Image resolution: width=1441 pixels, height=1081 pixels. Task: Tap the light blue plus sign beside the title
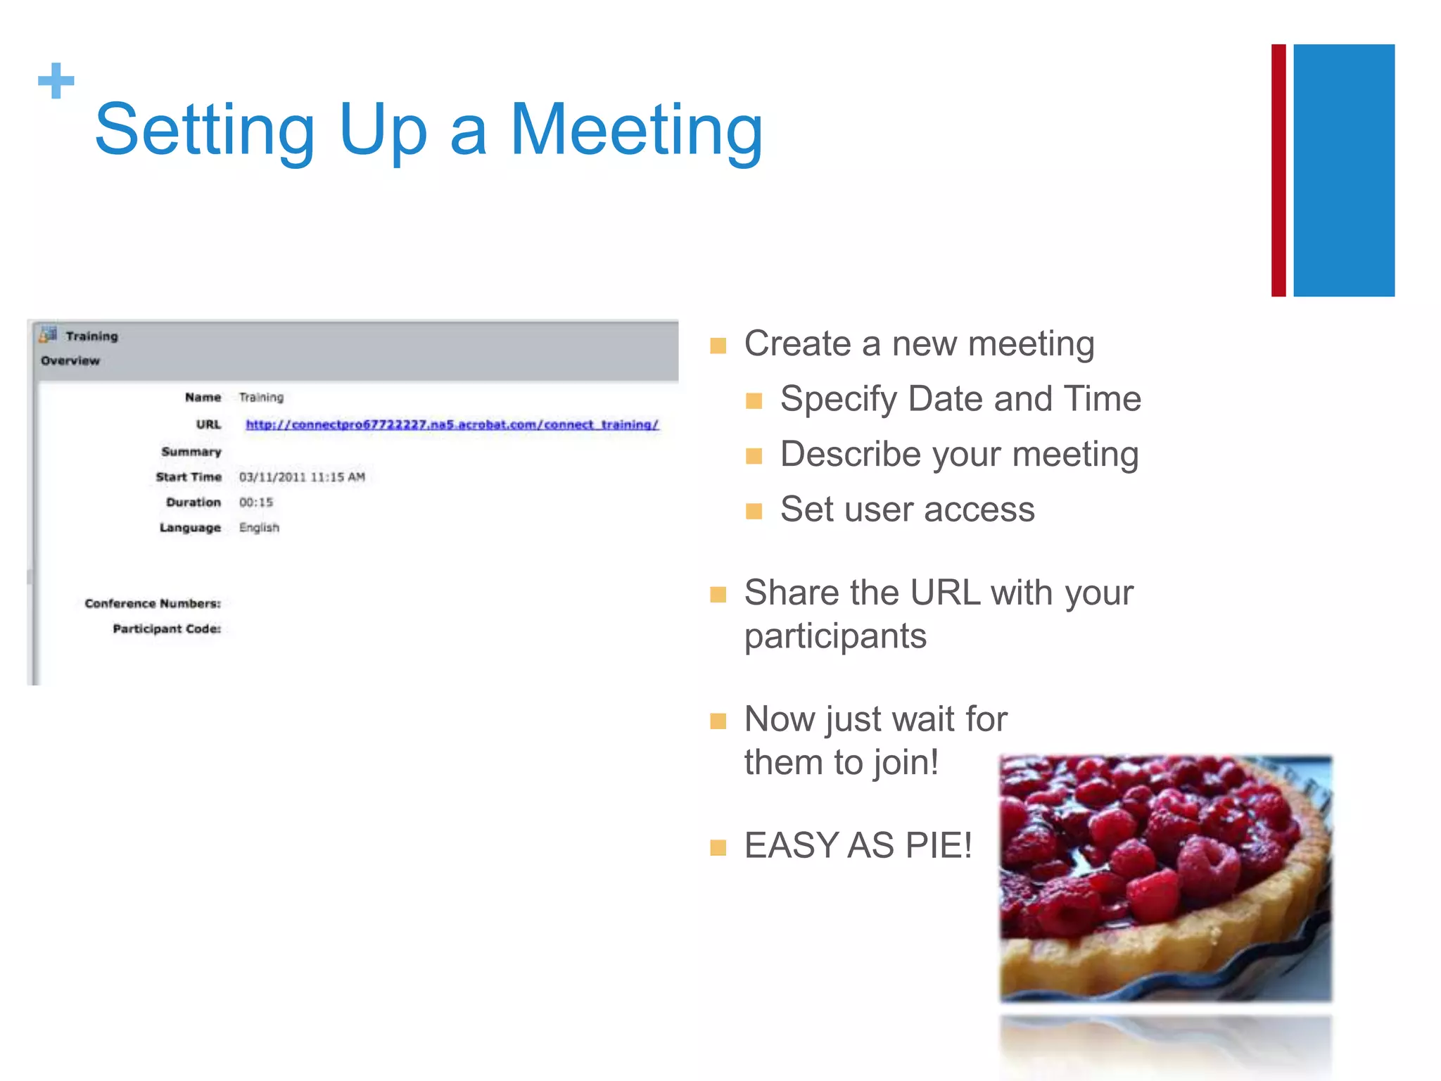[x=56, y=81]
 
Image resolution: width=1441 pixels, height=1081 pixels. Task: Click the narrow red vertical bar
[x=1278, y=170]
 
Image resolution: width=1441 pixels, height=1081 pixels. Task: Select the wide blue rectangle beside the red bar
[x=1343, y=170]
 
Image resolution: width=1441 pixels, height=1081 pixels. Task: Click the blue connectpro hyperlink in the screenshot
[x=452, y=424]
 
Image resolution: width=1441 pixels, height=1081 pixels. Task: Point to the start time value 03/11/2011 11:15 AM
[x=302, y=477]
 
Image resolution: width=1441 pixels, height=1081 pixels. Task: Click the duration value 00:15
[x=255, y=502]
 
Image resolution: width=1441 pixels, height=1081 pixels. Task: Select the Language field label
[x=190, y=528]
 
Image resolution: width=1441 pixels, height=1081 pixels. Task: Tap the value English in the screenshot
[x=259, y=528]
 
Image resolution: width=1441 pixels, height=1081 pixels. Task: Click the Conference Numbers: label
[x=153, y=604]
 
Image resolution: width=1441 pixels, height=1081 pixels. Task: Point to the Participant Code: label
[x=167, y=629]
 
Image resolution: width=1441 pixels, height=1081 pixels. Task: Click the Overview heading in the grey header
[x=70, y=361]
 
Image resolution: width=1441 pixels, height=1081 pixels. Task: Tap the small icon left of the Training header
[x=48, y=335]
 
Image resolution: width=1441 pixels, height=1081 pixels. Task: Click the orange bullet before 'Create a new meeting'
[x=718, y=346]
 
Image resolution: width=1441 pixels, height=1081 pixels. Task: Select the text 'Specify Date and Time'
[x=960, y=399]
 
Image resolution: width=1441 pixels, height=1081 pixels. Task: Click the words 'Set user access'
[x=907, y=510]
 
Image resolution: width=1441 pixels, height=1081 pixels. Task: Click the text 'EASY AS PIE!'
[x=858, y=845]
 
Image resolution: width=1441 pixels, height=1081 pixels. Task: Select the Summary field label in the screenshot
[x=191, y=452]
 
